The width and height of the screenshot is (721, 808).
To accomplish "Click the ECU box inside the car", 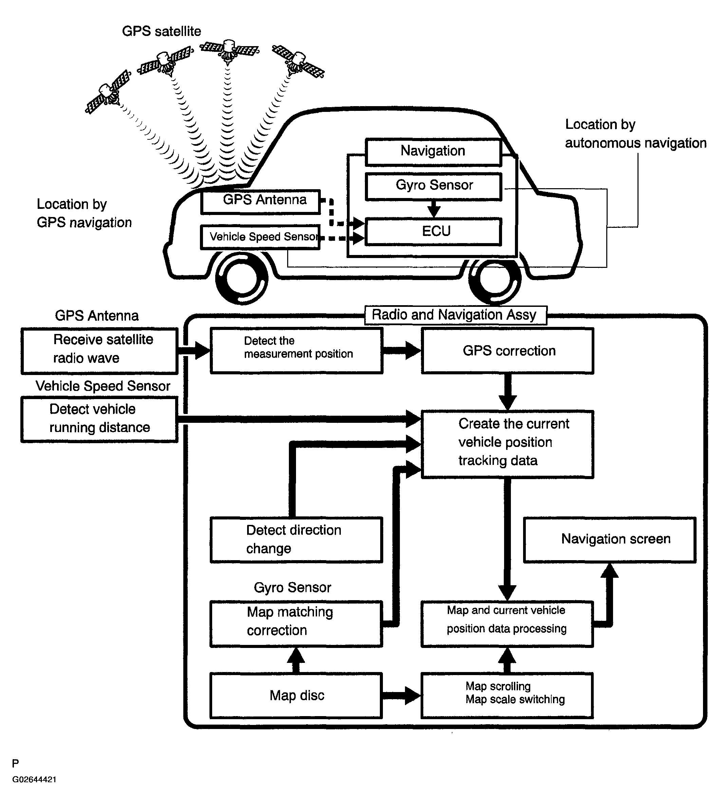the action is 433,232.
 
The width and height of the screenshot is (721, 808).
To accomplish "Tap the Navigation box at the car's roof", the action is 433,152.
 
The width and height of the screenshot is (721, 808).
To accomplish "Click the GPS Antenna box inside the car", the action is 260,202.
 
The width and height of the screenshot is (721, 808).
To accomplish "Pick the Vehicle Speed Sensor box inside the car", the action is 260,237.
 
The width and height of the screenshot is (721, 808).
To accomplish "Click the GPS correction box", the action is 507,351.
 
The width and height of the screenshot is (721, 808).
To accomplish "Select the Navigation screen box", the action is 610,540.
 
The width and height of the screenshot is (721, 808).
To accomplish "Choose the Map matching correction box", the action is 296,624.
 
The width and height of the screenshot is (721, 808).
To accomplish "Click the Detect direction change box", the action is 296,540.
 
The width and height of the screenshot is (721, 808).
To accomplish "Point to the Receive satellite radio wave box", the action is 99,351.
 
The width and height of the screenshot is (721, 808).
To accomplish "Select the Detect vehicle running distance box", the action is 99,419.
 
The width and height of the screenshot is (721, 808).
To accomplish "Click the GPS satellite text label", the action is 161,31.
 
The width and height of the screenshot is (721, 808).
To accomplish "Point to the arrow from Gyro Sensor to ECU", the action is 434,209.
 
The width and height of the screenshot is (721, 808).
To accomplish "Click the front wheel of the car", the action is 241,278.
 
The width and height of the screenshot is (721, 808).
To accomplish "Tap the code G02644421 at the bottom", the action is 35,780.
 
